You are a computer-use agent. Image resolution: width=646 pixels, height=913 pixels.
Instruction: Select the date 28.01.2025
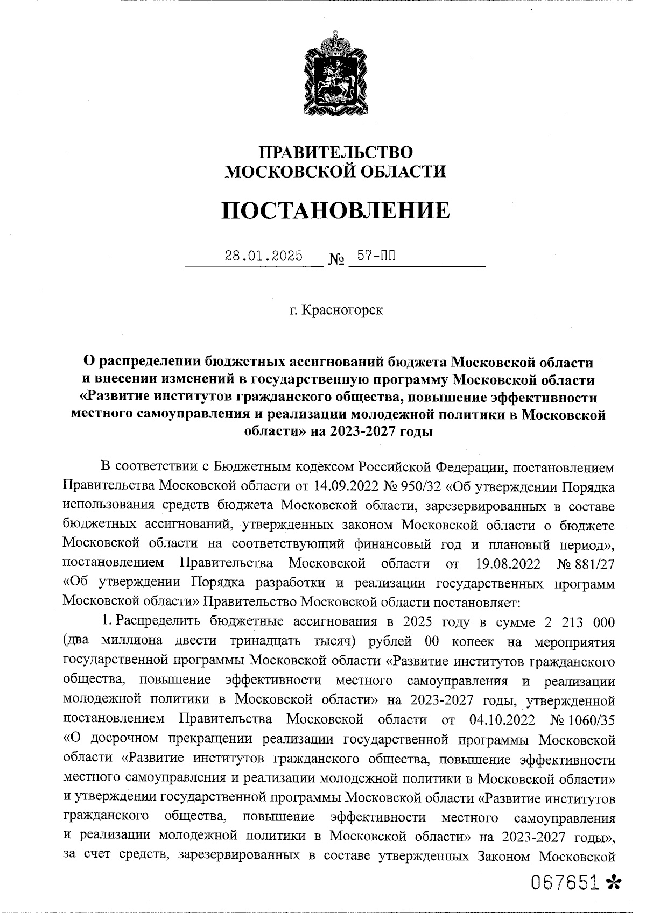pyautogui.click(x=263, y=256)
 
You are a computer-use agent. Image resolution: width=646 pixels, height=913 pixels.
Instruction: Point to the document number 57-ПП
pyautogui.click(x=376, y=256)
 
